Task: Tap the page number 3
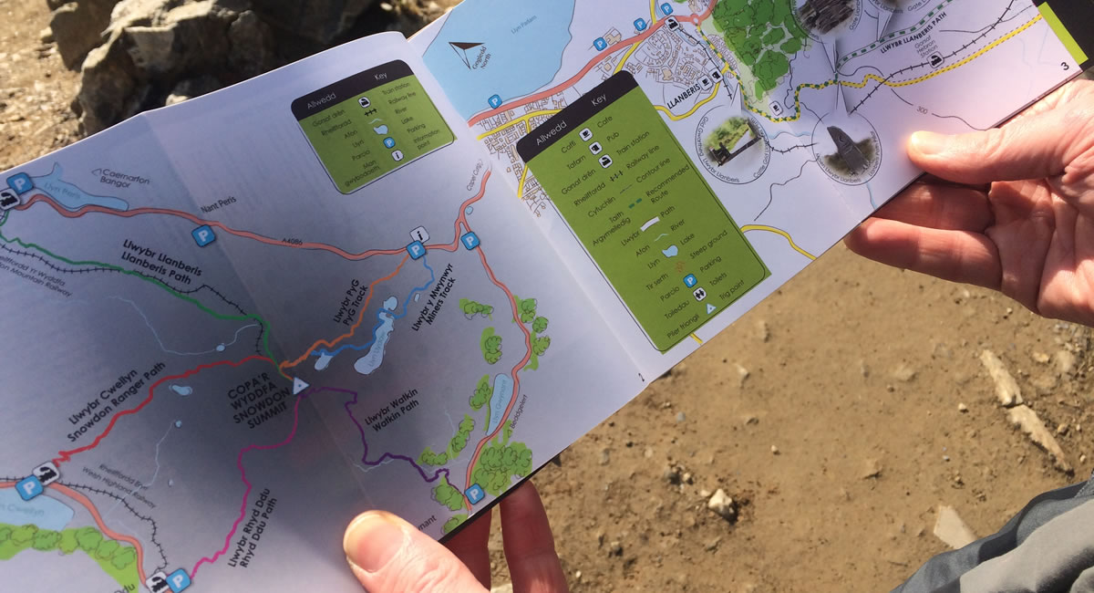point(1065,66)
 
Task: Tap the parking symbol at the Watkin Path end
point(473,494)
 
